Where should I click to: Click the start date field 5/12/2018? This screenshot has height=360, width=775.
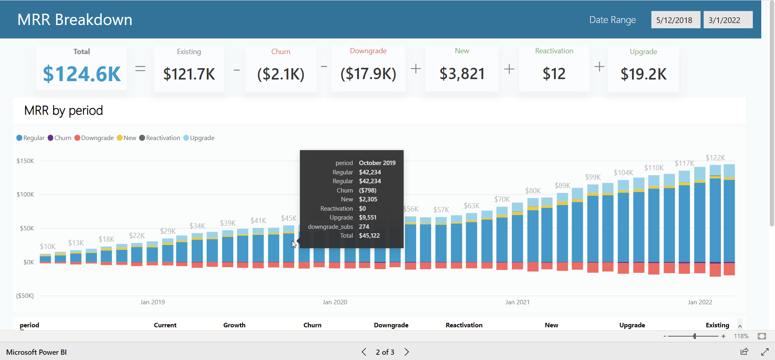pos(674,20)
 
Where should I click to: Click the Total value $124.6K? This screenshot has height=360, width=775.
pos(82,74)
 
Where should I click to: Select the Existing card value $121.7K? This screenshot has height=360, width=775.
pos(189,74)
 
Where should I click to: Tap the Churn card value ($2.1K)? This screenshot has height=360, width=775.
pos(281,74)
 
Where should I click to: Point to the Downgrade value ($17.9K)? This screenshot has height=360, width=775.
pos(368,74)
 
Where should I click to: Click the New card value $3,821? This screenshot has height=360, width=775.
pos(462,74)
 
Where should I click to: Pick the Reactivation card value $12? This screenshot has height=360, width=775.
pos(554,74)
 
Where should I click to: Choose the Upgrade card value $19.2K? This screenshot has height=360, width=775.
pos(643,74)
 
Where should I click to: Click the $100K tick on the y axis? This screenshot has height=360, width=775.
pos(25,195)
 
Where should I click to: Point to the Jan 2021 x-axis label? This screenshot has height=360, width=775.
pos(517,302)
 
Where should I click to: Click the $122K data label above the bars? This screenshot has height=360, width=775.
pos(715,158)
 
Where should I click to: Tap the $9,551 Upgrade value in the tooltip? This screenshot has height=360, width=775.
pos(368,218)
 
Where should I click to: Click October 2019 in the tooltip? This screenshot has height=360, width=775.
pos(377,163)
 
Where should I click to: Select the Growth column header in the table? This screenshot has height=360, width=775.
pos(235,325)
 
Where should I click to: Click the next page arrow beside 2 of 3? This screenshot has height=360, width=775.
pos(407,352)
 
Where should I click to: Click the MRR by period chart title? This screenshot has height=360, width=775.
pos(63,111)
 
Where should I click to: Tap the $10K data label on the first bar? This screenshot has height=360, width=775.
pos(48,247)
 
